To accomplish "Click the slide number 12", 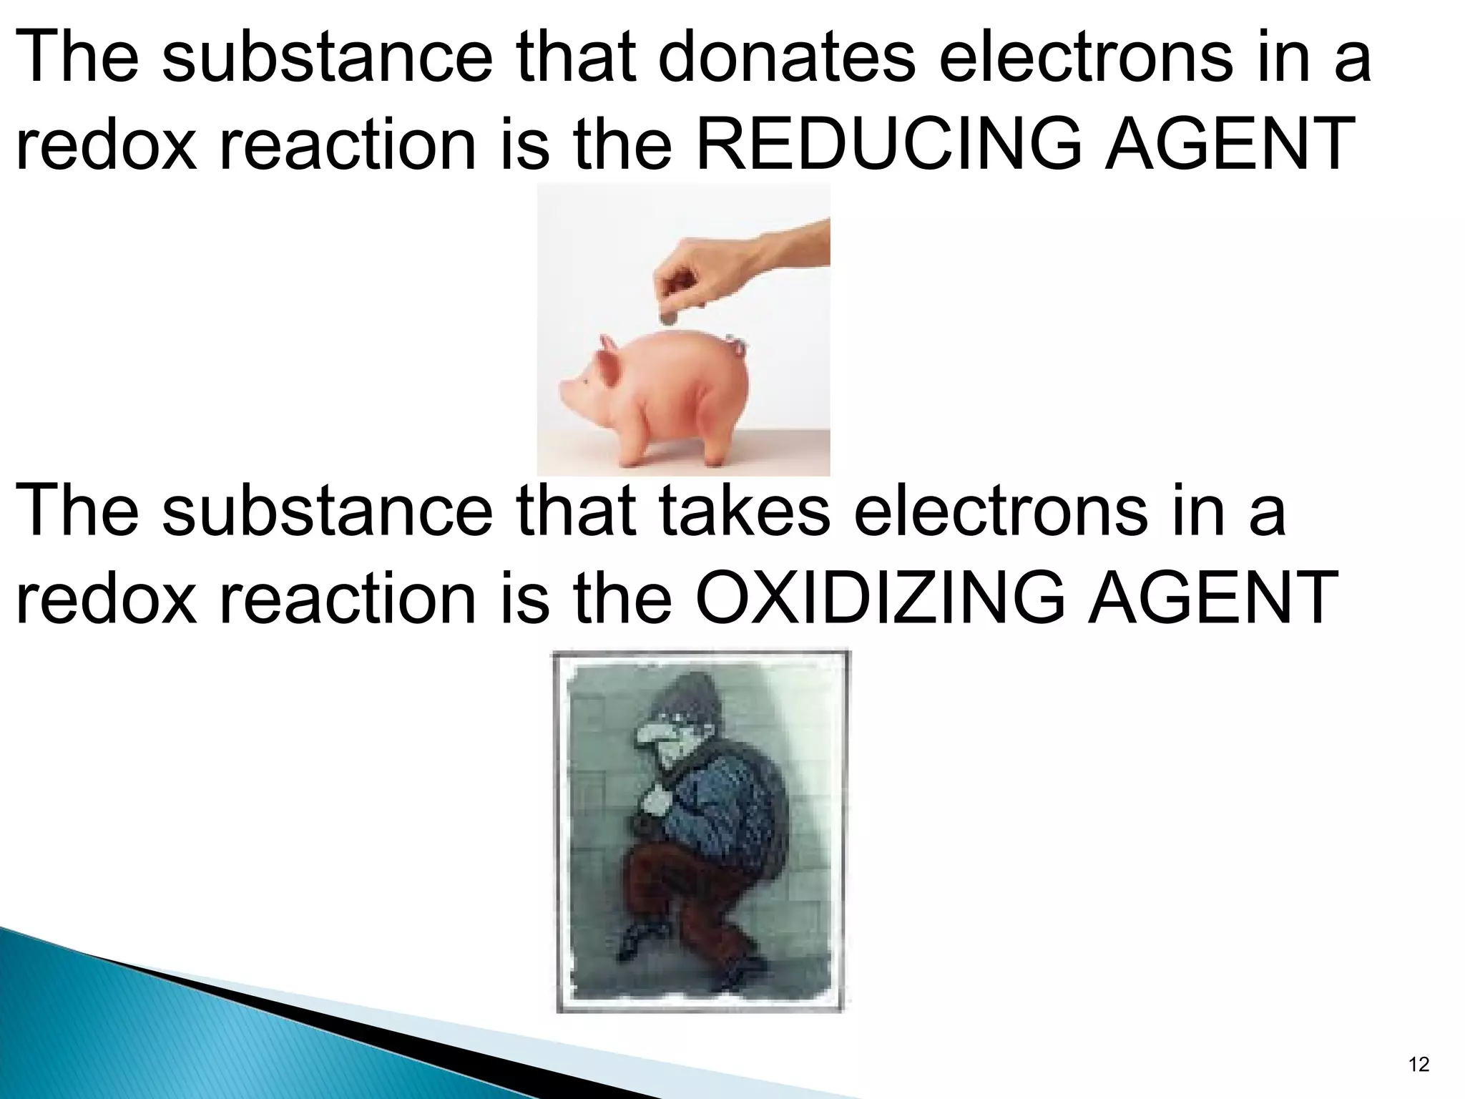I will point(1418,1065).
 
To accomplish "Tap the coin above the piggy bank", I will point(668,317).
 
